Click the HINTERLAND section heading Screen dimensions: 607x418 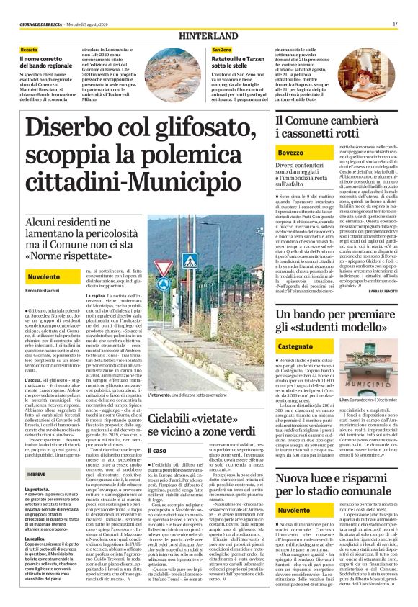208,35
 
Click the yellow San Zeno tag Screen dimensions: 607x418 222,48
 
